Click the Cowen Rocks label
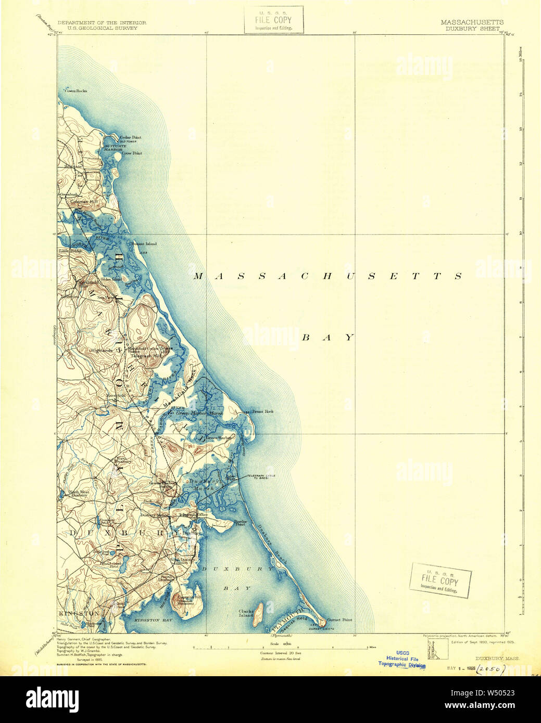(x=76, y=91)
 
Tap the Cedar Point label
(x=130, y=137)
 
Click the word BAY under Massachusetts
(x=328, y=338)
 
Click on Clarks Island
(x=257, y=617)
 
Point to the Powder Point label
(x=240, y=522)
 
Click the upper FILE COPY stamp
(x=273, y=20)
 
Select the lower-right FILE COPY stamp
(x=440, y=580)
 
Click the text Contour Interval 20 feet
(x=280, y=652)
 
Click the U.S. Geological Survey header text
(x=98, y=28)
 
